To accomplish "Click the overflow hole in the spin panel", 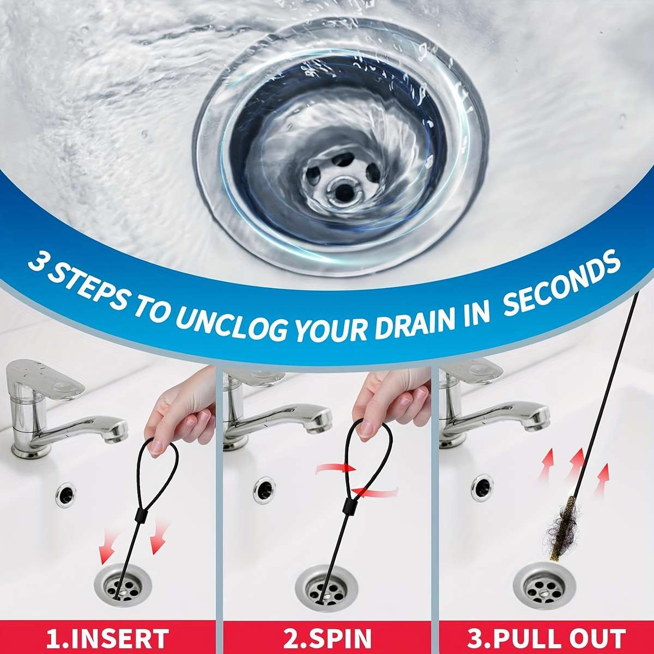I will [x=264, y=489].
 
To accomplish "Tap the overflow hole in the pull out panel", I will [x=483, y=487].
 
